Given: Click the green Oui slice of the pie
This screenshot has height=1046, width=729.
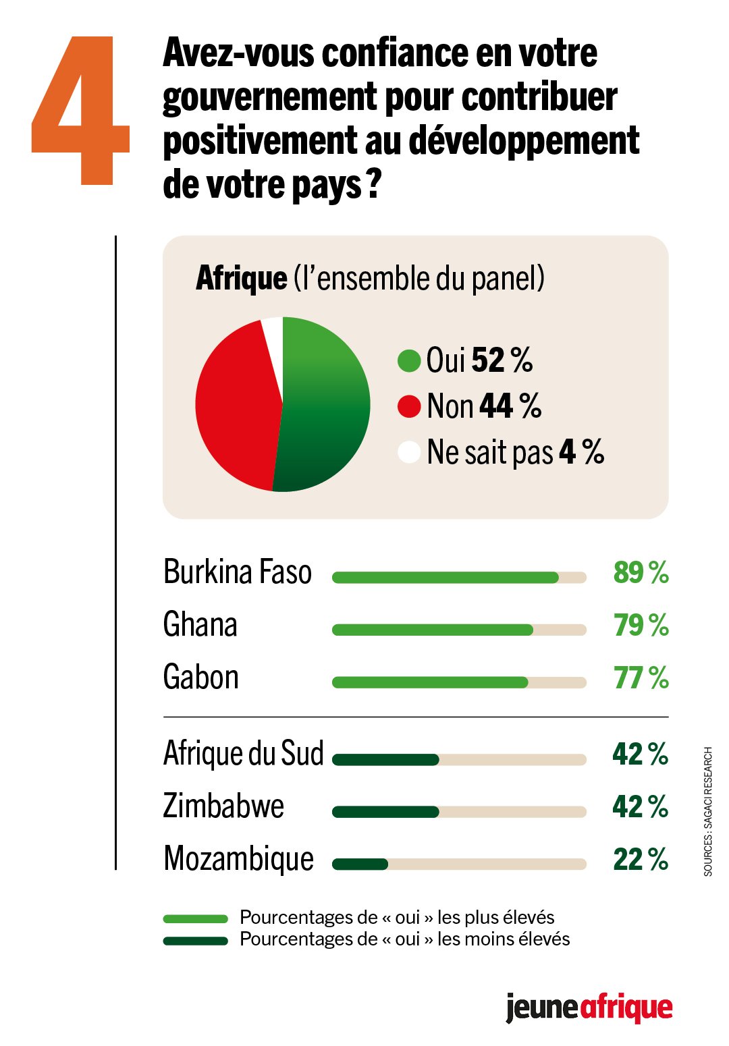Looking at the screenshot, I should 324,405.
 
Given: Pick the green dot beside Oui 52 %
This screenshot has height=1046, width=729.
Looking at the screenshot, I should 409,360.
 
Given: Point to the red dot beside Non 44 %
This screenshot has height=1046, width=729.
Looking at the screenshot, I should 409,406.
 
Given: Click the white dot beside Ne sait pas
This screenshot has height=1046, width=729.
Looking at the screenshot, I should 409,452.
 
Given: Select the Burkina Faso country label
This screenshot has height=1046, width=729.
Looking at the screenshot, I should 238,572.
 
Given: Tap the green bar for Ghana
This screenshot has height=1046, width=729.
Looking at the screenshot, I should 433,630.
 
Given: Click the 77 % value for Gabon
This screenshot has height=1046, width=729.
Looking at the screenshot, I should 641,678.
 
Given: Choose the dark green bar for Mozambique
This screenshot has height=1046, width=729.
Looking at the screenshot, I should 360,864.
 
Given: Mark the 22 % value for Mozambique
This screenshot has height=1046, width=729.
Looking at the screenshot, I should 641,860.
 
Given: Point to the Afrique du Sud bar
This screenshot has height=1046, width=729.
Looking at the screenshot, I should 386,760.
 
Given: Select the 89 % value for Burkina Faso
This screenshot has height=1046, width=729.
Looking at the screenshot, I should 641,572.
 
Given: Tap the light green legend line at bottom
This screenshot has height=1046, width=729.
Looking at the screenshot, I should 196,919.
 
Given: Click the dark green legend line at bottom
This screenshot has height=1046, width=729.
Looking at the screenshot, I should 196,941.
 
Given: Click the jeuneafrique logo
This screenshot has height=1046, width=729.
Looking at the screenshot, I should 589,1008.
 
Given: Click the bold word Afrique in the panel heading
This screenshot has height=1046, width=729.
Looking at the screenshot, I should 242,279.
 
